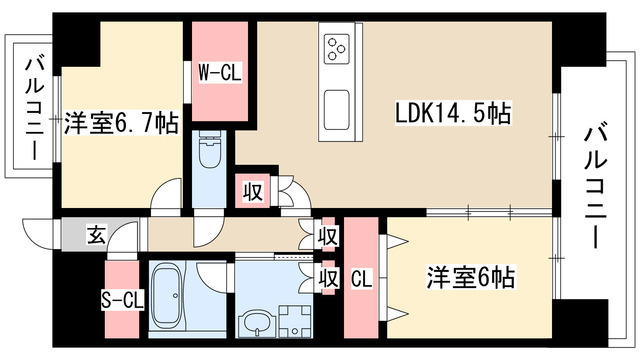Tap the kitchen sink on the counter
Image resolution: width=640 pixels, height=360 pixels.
[337, 104]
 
